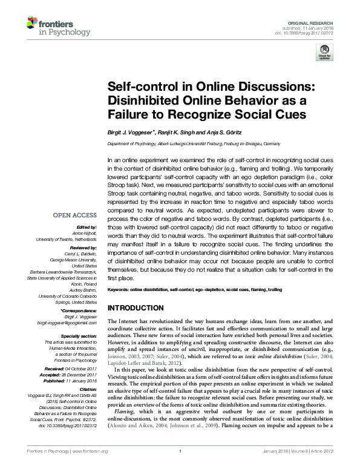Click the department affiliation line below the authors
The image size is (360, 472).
pyautogui.click(x=194, y=144)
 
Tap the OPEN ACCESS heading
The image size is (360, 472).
pyautogui.click(x=75, y=215)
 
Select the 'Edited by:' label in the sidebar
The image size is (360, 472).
pyautogui.click(x=86, y=228)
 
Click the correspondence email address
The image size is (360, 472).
pyautogui.click(x=72, y=323)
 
